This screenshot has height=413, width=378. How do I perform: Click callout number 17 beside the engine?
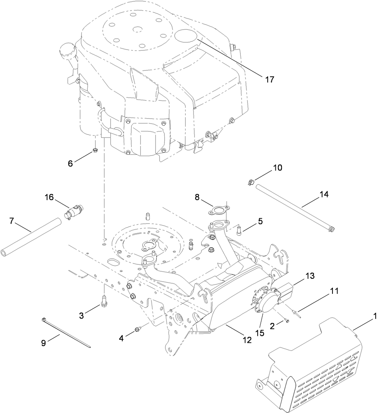click(x=270, y=79)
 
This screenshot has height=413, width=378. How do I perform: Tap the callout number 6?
click(x=70, y=163)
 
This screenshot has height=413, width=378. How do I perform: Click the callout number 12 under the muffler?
click(x=246, y=340)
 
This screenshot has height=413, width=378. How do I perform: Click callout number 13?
click(x=310, y=276)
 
